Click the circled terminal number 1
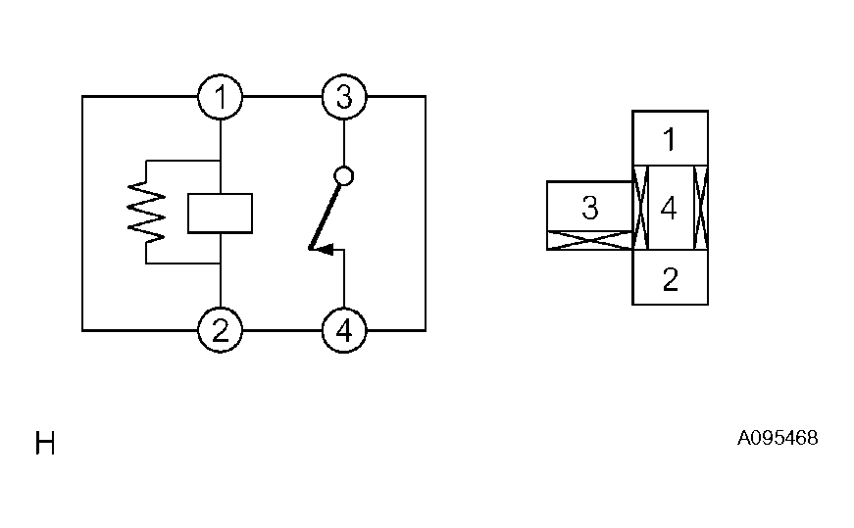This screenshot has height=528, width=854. (x=221, y=97)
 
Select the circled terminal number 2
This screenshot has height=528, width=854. (x=221, y=331)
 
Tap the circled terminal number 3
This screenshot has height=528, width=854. (x=344, y=97)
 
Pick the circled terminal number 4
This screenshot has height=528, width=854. (x=344, y=331)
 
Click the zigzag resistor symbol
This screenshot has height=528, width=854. (x=147, y=213)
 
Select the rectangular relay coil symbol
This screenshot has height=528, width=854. (x=221, y=214)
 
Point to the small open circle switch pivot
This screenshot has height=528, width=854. (x=344, y=176)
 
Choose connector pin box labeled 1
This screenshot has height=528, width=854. (x=670, y=138)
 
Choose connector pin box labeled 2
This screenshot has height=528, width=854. (x=670, y=278)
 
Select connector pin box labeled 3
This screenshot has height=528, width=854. (x=589, y=208)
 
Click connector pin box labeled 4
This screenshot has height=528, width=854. (x=669, y=208)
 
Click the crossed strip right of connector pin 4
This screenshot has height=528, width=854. (x=701, y=208)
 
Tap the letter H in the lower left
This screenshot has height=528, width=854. (x=45, y=445)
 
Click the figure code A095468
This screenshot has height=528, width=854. (x=777, y=438)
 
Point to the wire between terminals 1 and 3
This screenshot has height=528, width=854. (x=282, y=97)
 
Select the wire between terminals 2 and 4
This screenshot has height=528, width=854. (x=282, y=331)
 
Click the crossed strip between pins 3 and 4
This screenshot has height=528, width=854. (x=638, y=208)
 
